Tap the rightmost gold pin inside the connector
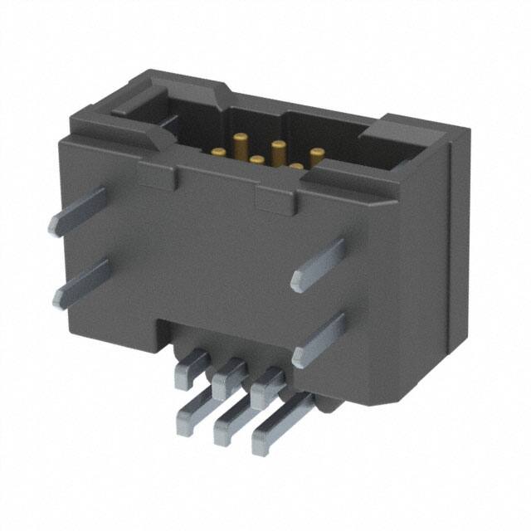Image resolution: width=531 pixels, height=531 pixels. pos(317,154)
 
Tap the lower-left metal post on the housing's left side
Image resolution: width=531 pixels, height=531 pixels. pos(80,282)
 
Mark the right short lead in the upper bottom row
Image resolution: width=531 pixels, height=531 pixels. pos(267,383)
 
